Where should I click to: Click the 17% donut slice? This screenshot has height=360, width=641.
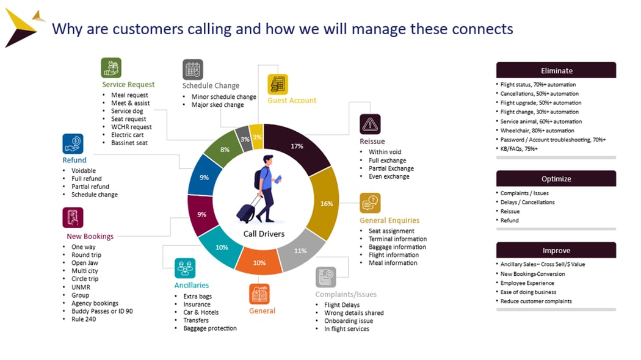pyautogui.click(x=297, y=146)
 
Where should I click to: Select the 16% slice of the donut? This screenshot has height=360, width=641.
pyautogui.click(x=327, y=203)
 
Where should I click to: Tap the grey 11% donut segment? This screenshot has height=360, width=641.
pyautogui.click(x=300, y=251)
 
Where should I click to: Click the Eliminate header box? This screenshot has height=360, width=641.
pyautogui.click(x=556, y=70)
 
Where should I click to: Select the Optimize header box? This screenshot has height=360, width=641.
pyautogui.click(x=556, y=179)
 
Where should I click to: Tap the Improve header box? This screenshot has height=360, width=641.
pyautogui.click(x=556, y=251)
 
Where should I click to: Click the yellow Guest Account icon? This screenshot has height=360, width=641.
pyautogui.click(x=278, y=84)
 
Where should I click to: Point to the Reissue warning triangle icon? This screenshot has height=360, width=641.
pyautogui.click(x=370, y=124)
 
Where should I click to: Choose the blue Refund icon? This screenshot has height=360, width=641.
pyautogui.click(x=73, y=144)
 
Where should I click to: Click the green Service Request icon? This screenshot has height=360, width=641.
pyautogui.click(x=111, y=68)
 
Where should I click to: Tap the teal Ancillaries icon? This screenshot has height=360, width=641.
pyautogui.click(x=185, y=268)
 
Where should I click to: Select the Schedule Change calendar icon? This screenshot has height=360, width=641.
pyautogui.click(x=193, y=70)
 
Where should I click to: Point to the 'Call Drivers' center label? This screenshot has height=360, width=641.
pyautogui.click(x=264, y=234)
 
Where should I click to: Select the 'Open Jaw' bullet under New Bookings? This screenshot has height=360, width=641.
pyautogui.click(x=84, y=263)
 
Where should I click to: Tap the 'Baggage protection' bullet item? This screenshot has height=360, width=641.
pyautogui.click(x=209, y=328)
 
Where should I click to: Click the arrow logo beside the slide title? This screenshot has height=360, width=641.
pyautogui.click(x=23, y=28)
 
